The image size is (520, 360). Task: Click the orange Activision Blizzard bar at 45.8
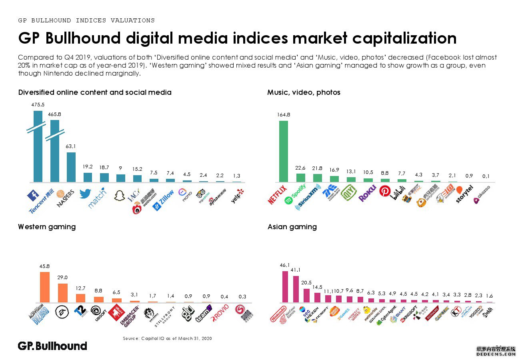pyautogui.click(x=45, y=287)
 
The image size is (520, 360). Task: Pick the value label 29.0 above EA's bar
pyautogui.click(x=62, y=277)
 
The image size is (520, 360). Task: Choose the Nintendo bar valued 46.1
pyautogui.click(x=285, y=286)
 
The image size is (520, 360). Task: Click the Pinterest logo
pyautogui.click(x=385, y=192)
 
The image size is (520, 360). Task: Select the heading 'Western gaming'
pyautogui.click(x=47, y=227)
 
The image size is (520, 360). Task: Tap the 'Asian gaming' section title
pyautogui.click(x=292, y=227)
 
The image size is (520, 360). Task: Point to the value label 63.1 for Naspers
pyautogui.click(x=71, y=146)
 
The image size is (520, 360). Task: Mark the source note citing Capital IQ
pyautogui.click(x=167, y=338)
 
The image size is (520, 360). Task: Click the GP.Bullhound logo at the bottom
pyautogui.click(x=52, y=346)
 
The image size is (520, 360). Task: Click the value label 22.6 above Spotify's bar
pyautogui.click(x=300, y=168)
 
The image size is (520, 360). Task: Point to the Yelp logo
pyautogui.click(x=237, y=196)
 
